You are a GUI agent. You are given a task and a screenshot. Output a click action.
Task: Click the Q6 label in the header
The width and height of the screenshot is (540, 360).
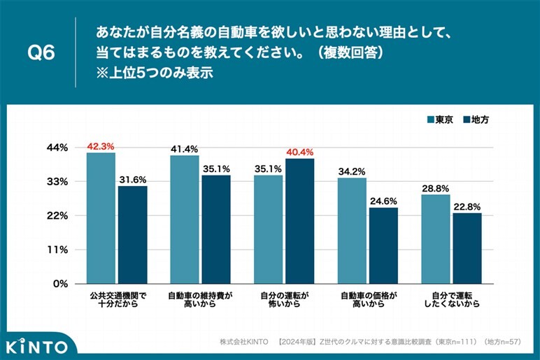point(40,52)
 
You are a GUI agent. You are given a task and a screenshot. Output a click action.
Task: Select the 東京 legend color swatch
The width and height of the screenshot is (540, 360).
point(431,120)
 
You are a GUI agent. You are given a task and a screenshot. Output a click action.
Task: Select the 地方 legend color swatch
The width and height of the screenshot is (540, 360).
point(467,120)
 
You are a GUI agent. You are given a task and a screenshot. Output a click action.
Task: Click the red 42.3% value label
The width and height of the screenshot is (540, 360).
point(101,147)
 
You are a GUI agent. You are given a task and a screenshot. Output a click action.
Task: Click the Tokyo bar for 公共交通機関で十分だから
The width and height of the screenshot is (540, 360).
point(101,218)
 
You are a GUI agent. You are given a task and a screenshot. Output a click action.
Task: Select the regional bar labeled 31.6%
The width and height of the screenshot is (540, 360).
point(132,235)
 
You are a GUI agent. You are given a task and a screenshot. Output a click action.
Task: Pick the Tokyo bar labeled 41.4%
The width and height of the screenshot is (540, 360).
point(185,219)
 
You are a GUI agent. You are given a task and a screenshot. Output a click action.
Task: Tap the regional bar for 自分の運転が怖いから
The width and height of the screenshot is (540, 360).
point(300,221)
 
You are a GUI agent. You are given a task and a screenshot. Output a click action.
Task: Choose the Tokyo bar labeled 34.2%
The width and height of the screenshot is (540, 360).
point(352,231)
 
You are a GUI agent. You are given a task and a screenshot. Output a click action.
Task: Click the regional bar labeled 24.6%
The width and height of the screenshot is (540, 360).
point(383,245)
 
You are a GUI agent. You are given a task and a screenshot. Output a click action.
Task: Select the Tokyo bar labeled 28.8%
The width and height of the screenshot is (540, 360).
point(436,239)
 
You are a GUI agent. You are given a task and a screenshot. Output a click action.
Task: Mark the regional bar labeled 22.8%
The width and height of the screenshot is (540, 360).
point(467,248)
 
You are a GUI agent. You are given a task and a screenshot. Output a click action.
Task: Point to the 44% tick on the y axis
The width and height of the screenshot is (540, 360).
point(58,147)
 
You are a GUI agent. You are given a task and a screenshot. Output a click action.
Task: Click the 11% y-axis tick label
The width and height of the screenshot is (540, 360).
point(58,250)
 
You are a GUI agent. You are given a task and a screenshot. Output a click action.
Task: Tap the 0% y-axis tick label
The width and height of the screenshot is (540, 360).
point(60,284)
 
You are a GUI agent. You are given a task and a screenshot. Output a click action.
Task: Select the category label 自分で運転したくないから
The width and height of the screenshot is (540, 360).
point(451,300)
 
